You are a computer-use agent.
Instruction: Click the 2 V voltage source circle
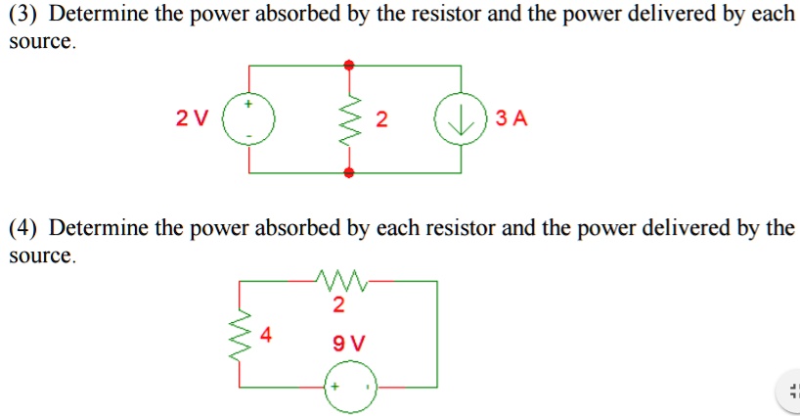(x=248, y=119)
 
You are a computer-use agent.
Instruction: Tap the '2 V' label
(x=192, y=119)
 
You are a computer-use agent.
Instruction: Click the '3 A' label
(x=511, y=119)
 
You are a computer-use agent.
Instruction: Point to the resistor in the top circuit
(x=350, y=119)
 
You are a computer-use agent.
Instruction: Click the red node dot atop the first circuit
(x=350, y=65)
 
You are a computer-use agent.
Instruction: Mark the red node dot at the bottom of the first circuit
(x=350, y=173)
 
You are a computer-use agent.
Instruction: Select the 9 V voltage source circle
(x=350, y=387)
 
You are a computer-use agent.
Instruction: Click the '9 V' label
(x=348, y=344)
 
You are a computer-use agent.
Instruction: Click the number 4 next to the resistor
(x=266, y=334)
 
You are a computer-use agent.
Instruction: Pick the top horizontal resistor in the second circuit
(x=340, y=281)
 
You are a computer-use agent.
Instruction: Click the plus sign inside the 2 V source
(x=248, y=103)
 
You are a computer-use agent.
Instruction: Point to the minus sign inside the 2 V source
(x=248, y=136)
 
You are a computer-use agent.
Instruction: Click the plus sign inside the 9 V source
(x=334, y=387)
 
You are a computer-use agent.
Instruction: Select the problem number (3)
(x=23, y=17)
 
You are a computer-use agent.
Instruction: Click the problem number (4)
(x=23, y=229)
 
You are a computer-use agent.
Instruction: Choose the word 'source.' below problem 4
(x=41, y=256)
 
